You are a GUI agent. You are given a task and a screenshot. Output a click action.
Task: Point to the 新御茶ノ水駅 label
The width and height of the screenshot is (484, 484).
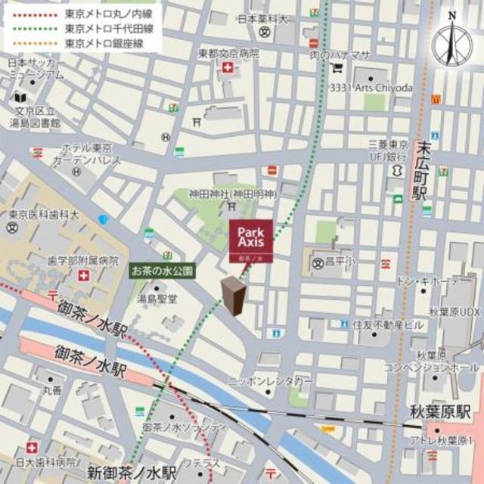pos(130,473)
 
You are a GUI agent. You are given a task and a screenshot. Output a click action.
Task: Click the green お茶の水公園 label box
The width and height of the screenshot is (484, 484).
pos(163,269)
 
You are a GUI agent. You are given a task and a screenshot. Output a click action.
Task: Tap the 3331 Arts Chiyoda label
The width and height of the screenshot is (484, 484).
pos(371,88)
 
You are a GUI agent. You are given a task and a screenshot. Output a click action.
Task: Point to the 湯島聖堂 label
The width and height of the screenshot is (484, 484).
pos(157,299)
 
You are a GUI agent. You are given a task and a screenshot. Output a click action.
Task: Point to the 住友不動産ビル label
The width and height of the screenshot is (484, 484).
pos(388,324)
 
